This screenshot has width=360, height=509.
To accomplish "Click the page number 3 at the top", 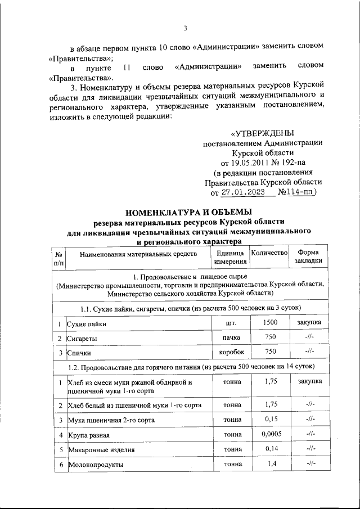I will point(184,29).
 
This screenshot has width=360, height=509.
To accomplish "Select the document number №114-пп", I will point(298,192).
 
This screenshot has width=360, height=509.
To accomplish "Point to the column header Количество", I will point(269,253).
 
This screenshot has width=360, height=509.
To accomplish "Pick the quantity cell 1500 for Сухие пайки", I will point(270,323).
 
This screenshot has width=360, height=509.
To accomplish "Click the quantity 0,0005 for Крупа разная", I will point(270,434).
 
